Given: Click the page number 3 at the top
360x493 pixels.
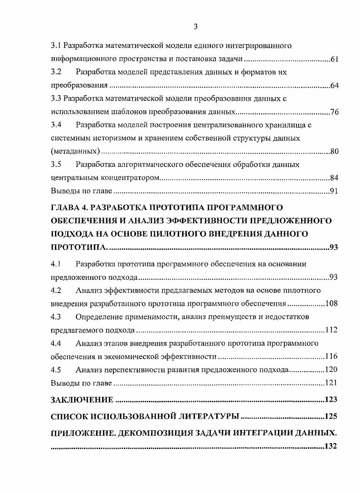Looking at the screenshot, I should tap(195, 26).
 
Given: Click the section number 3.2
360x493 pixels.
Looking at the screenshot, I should tap(56, 72).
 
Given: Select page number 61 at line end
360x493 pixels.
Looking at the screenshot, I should tap(335, 59).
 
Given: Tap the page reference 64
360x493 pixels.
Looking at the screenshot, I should tap(335, 86).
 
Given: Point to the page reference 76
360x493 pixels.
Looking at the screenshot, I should tap(335, 112).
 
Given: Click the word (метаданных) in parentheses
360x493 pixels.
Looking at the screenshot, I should tap(75, 151).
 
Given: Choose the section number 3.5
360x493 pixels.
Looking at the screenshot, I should tap(56, 164).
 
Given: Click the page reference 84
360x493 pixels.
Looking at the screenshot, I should tap(335, 178).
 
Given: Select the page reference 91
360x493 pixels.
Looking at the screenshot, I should tap(335, 191).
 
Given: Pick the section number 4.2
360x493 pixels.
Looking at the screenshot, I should tap(56, 290).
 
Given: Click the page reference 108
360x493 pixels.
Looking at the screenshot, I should tap(331, 303).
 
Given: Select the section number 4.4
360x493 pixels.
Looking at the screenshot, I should tap(56, 343).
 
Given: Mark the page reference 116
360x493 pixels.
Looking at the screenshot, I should tap(331, 356).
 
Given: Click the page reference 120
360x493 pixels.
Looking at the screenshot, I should tap(331, 370).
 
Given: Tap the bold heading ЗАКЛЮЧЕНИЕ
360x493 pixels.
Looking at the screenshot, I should tap(82, 400).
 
